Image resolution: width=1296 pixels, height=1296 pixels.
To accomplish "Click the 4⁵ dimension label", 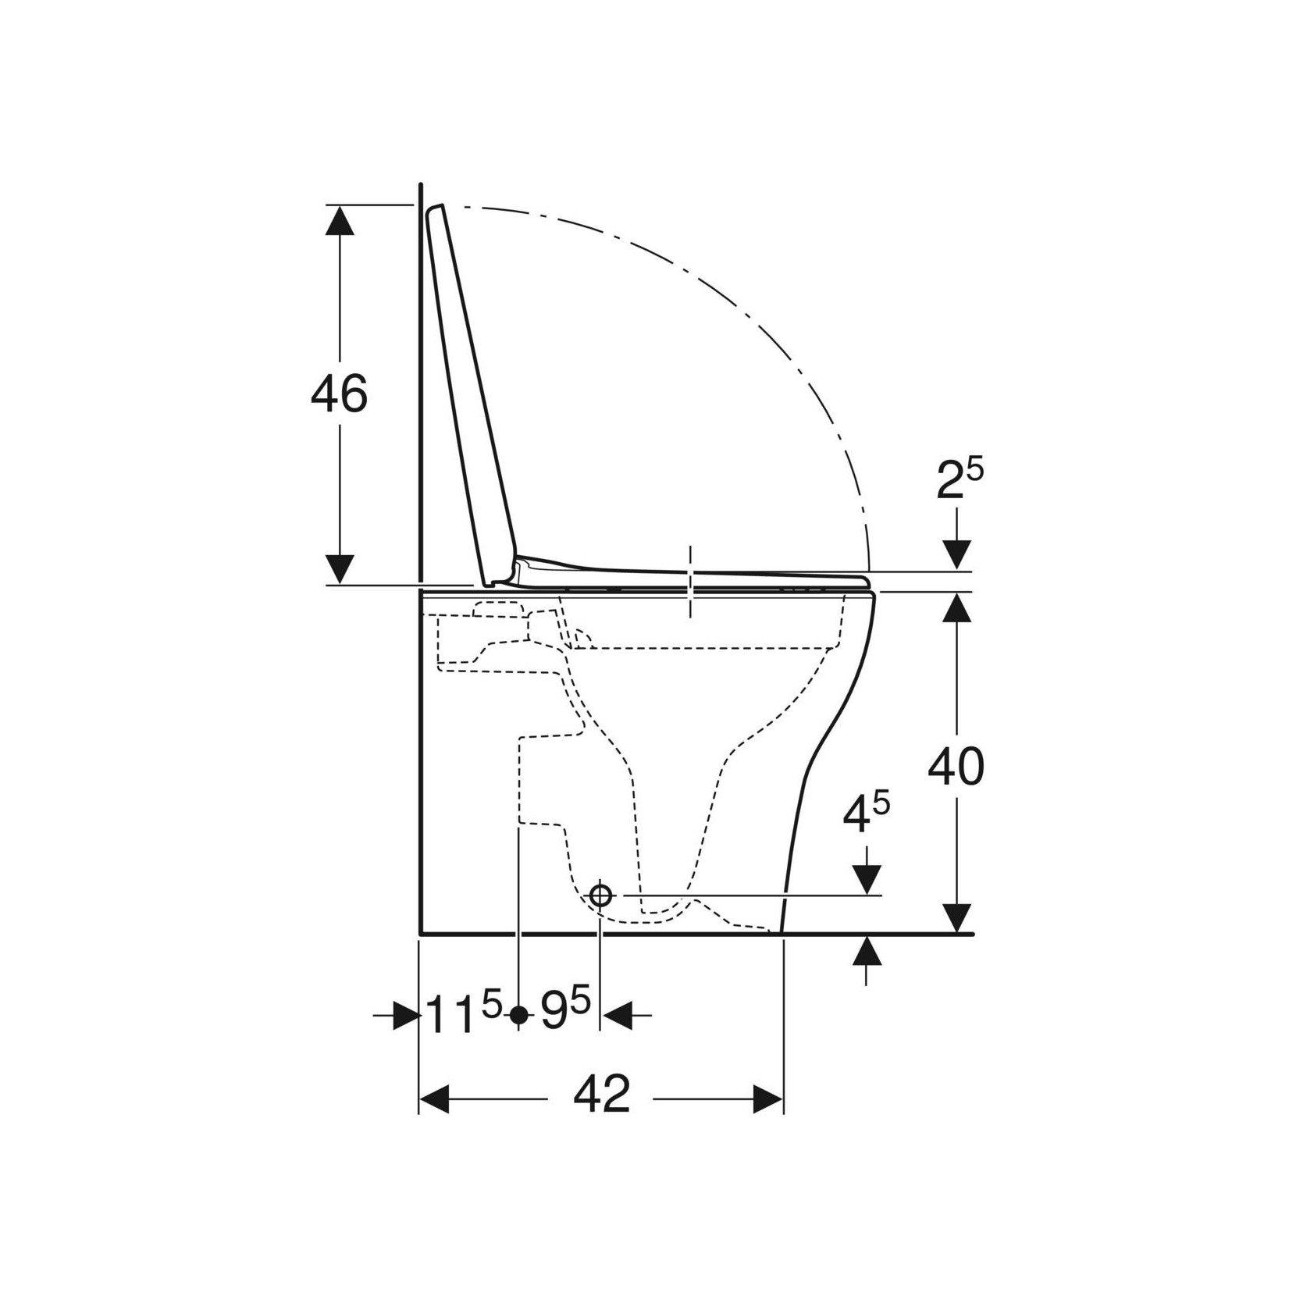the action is (x=867, y=814).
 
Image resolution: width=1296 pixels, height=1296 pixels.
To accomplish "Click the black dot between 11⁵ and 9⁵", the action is (x=518, y=1015).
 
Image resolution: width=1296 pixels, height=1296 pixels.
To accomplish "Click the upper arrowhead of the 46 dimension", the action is (x=340, y=219).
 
